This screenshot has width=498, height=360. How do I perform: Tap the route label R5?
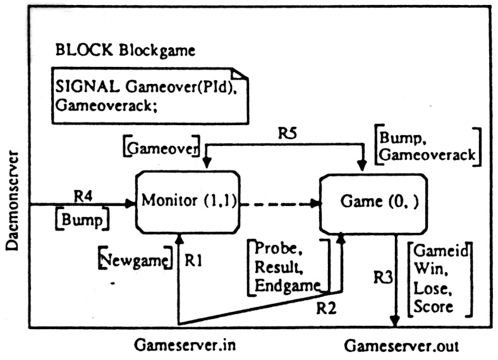(x=289, y=134)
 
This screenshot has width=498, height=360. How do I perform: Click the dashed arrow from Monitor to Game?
(x=279, y=204)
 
